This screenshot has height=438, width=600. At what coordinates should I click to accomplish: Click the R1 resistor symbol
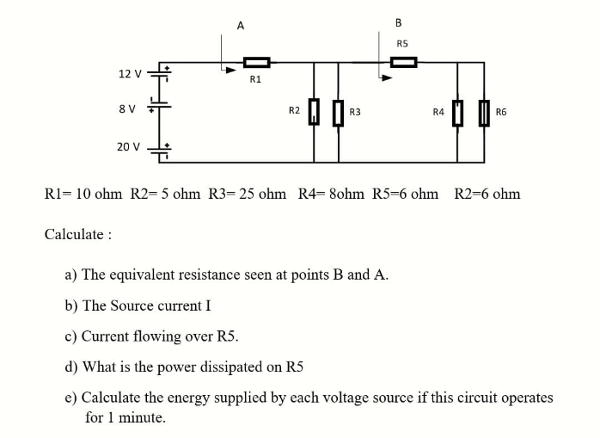pyautogui.click(x=256, y=62)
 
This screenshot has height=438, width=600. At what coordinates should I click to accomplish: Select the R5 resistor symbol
pyautogui.click(x=403, y=62)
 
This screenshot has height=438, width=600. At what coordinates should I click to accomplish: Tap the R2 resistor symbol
pyautogui.click(x=314, y=111)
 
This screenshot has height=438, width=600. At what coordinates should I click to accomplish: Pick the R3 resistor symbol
pyautogui.click(x=338, y=111)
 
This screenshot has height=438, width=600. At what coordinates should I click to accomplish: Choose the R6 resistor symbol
pyautogui.click(x=484, y=111)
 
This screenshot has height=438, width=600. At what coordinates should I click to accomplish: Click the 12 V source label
pyautogui.click(x=131, y=73)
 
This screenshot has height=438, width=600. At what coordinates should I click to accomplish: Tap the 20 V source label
pyautogui.click(x=129, y=146)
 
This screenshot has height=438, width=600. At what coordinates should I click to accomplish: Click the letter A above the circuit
pyautogui.click(x=240, y=26)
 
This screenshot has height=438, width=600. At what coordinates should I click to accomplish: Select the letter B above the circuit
pyautogui.click(x=398, y=22)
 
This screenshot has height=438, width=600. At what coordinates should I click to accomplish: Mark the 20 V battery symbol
pyautogui.click(x=161, y=151)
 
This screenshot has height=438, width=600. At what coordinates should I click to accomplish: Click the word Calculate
pyautogui.click(x=74, y=234)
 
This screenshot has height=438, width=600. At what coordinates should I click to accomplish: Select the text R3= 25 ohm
pyautogui.click(x=248, y=194)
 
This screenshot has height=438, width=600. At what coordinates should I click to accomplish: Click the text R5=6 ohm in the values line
pyautogui.click(x=406, y=194)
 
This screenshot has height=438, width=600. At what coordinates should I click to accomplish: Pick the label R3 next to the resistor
pyautogui.click(x=355, y=111)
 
